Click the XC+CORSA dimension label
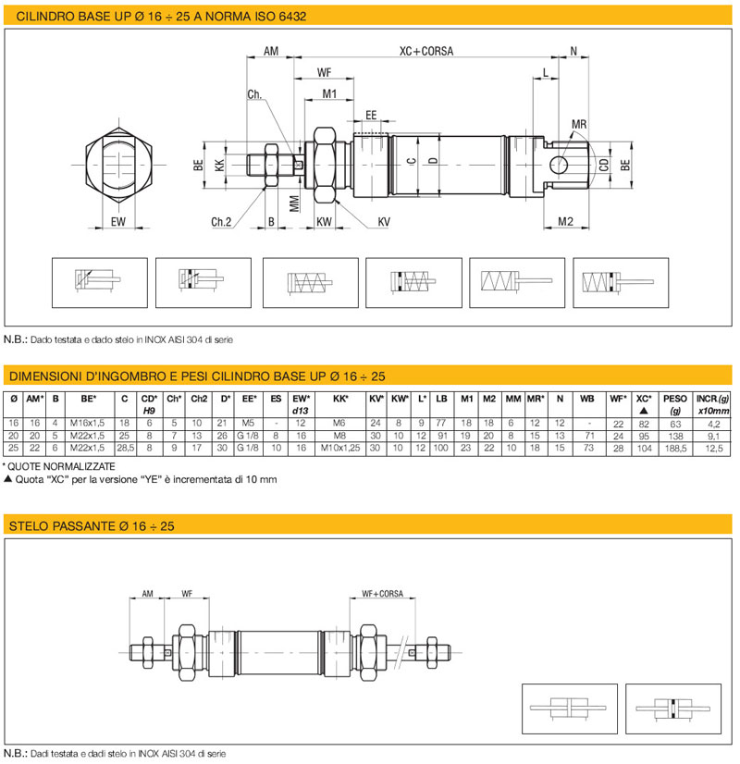coord(426,51)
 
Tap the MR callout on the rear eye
coord(579,124)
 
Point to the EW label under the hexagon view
coord(117,222)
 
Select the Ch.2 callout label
coord(221,222)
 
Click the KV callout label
coord(384,222)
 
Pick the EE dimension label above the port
coord(371,115)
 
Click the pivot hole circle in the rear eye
coord(559,165)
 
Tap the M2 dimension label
coord(565,222)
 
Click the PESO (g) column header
coord(675,404)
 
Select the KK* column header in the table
coord(340,399)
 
